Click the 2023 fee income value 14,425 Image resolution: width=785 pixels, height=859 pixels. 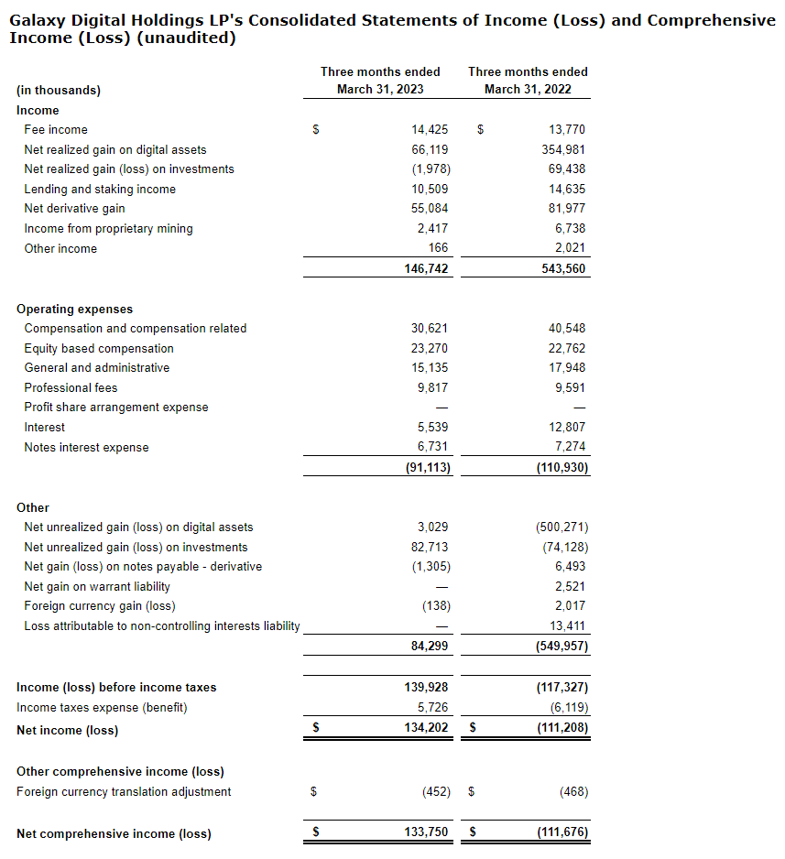430,130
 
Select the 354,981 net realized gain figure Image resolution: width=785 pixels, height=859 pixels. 563,149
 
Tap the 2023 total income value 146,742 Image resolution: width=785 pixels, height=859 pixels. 426,268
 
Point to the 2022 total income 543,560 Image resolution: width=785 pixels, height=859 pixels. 563,268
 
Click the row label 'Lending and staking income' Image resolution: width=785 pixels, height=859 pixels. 100,190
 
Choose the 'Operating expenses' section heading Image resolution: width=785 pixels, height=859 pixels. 74,310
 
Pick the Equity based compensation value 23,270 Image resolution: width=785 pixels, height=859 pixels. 430,349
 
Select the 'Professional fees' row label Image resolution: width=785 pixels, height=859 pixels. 71,388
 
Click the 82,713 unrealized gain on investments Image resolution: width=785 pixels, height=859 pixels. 430,547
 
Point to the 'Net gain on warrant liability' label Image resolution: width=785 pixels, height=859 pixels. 97,587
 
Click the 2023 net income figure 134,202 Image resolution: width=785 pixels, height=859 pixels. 426,730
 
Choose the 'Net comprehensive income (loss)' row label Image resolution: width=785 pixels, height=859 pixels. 114,834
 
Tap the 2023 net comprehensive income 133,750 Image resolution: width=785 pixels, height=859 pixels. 426,834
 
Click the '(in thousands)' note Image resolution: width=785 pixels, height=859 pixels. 59,91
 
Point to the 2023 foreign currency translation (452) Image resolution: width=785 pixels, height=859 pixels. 435,792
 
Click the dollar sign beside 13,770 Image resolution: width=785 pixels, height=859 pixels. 480,130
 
